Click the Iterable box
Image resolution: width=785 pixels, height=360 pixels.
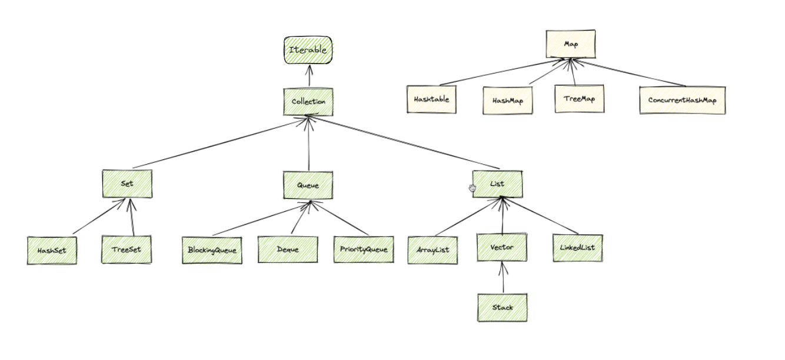point(308,50)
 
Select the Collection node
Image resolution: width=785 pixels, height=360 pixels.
point(308,102)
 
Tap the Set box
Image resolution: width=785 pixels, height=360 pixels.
point(127,184)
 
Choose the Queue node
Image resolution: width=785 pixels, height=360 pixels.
point(308,185)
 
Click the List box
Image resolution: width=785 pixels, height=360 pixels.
point(497,184)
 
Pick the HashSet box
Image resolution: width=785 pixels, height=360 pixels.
point(52,250)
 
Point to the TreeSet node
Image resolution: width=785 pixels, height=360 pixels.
point(126,249)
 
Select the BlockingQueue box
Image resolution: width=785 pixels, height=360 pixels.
point(212,250)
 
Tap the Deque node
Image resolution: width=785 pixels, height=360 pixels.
point(288,249)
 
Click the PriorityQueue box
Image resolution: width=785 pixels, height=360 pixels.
point(363,249)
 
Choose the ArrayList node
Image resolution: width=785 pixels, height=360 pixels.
point(433,250)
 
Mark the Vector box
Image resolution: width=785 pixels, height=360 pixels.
point(502,248)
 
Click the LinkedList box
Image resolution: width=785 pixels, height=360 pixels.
point(577,248)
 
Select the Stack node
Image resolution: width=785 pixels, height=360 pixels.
point(503,307)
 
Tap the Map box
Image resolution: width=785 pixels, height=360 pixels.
point(570,44)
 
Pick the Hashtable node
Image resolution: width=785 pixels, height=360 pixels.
point(431,99)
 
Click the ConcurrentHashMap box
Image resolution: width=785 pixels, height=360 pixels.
point(682,100)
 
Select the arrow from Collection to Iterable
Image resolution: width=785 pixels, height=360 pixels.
point(308,76)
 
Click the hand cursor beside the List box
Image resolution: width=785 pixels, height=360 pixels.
point(472,188)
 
